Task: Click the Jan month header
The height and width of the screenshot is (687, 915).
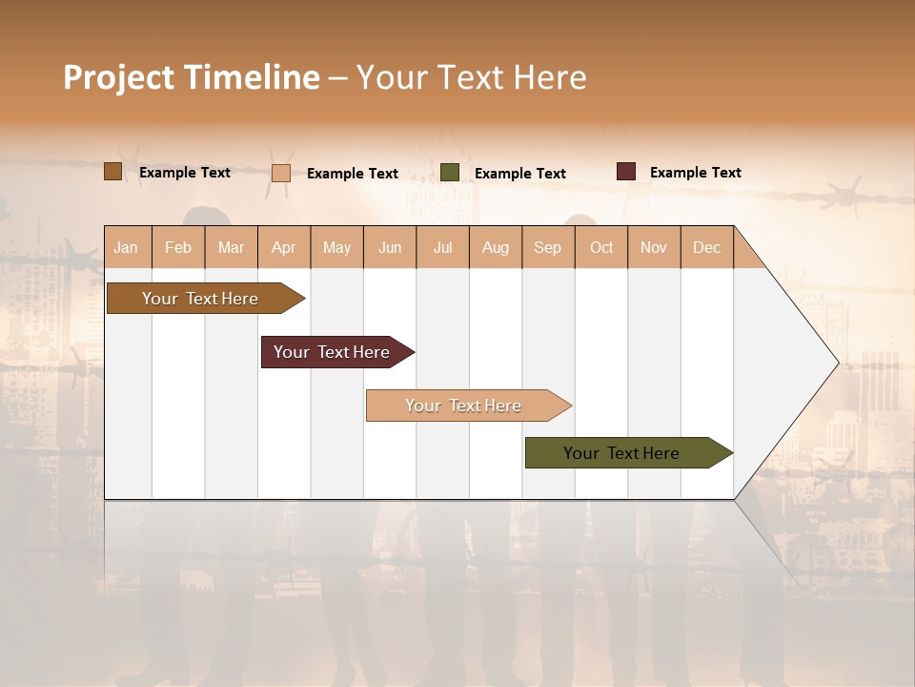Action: tap(127, 247)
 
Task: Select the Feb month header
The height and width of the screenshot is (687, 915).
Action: tap(178, 247)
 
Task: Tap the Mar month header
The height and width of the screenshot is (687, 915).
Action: tap(231, 247)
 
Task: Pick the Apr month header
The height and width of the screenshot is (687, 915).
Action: tap(284, 247)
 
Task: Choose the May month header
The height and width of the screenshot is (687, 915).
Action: tap(336, 247)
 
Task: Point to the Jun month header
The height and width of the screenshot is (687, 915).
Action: tap(390, 247)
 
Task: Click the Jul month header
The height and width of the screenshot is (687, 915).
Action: tap(442, 247)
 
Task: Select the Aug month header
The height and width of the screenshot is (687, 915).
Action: tap(496, 247)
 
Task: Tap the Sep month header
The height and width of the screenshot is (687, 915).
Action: tap(548, 247)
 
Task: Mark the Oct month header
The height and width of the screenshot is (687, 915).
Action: tap(601, 247)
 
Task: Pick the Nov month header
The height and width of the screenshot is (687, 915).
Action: tap(654, 247)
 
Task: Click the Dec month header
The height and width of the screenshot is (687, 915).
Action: tap(707, 247)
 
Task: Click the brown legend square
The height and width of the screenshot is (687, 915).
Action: tap(113, 172)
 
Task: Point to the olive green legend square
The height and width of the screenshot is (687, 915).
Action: tap(450, 173)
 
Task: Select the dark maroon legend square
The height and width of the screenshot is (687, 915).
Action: tap(626, 172)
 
